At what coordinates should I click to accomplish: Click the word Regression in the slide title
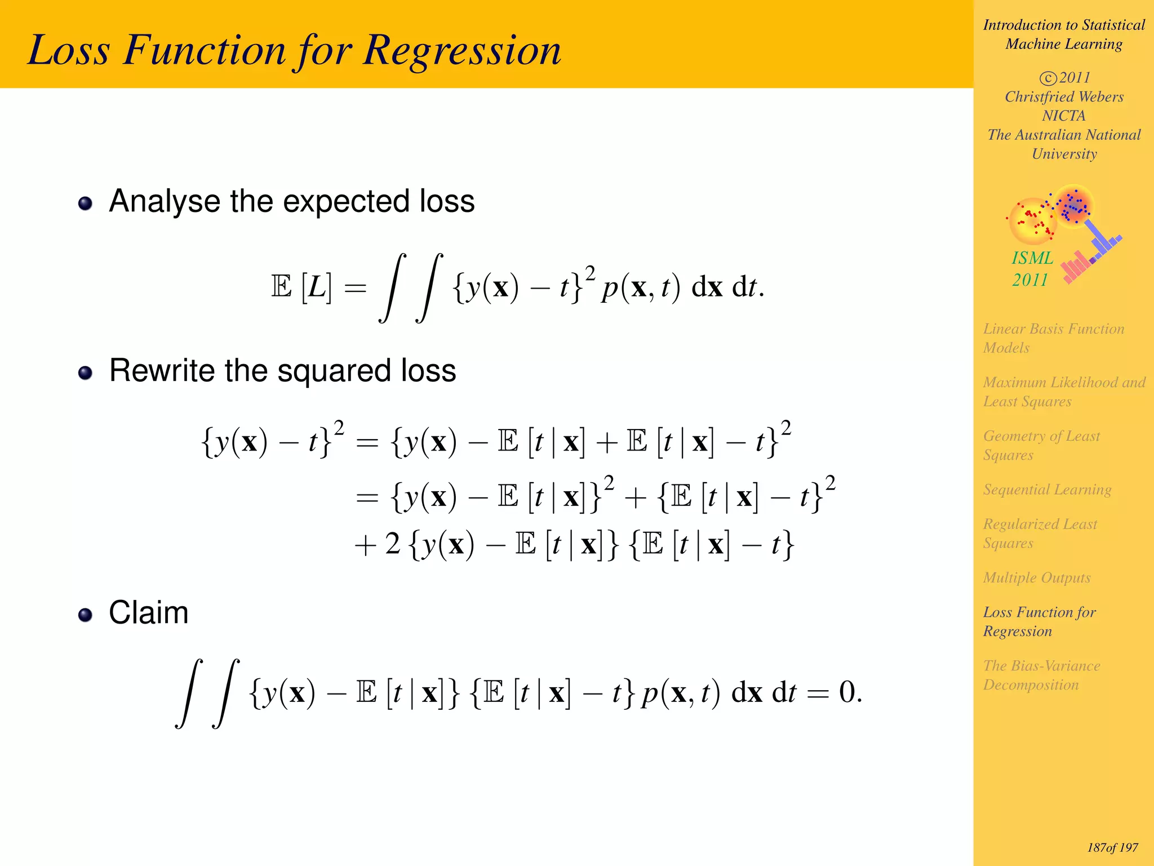coord(462,51)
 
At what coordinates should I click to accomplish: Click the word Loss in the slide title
coord(69,51)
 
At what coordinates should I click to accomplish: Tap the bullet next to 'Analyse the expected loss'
coord(85,204)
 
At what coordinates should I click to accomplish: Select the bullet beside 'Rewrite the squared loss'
coord(85,373)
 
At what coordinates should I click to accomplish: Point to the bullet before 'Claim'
coord(85,615)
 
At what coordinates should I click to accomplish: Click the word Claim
coord(148,613)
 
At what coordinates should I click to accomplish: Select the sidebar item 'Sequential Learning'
coord(1047,489)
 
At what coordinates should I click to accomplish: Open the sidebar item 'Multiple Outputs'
coord(1037,577)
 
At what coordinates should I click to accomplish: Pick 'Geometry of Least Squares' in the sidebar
coord(1041,445)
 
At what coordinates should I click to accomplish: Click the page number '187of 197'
coord(1112,847)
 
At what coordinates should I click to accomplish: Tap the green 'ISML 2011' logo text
coord(1031,269)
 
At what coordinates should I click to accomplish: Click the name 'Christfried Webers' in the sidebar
coord(1064,96)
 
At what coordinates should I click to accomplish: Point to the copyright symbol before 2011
coord(1048,78)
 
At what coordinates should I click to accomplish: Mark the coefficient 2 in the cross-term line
coord(393,544)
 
